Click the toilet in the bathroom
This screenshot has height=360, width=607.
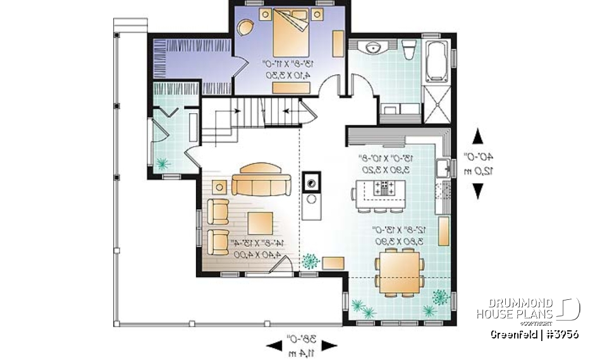tap(408, 49)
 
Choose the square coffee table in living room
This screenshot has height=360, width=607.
tap(261, 223)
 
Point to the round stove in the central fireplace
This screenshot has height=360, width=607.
tap(311, 184)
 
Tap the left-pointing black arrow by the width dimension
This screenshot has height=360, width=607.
tap(274, 345)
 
